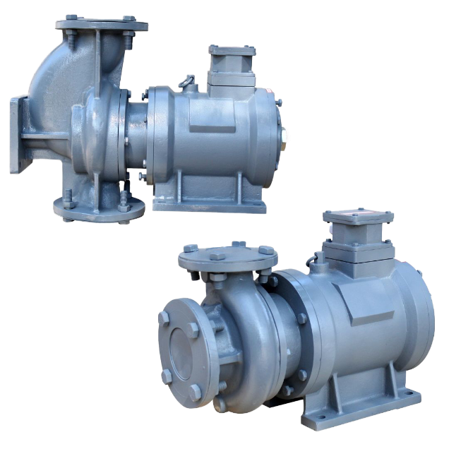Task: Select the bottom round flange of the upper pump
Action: pyautogui.click(x=99, y=207)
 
